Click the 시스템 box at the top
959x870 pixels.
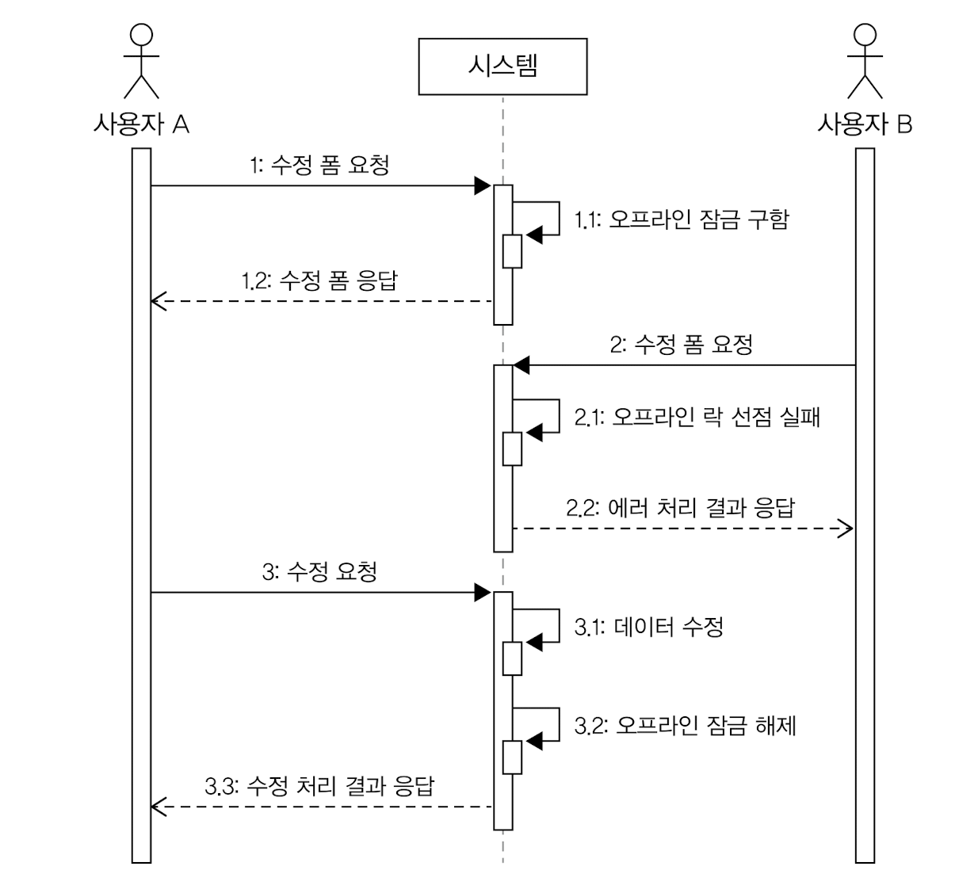[502, 66]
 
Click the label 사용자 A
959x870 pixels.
[141, 124]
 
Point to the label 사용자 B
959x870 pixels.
[865, 124]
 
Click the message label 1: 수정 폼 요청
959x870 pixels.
[319, 166]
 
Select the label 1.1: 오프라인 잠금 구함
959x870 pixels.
[682, 219]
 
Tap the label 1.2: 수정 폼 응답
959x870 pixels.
[319, 280]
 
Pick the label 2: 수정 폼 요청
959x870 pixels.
[682, 345]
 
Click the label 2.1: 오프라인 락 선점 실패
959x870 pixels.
[697, 417]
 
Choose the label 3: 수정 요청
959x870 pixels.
[319, 571]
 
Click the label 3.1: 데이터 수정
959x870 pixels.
[648, 628]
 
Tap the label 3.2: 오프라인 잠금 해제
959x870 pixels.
[685, 725]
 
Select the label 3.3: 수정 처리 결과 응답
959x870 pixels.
[319, 786]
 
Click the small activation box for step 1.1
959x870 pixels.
[512, 251]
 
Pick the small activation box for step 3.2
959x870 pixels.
[512, 757]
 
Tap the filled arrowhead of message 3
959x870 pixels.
[482, 592]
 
